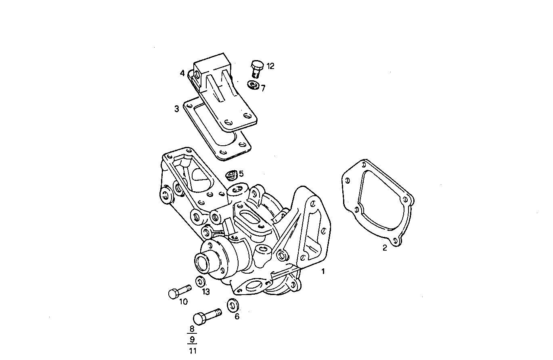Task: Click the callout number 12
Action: pos(270,66)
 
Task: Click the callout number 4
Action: pos(182,73)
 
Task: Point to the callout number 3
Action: pos(177,109)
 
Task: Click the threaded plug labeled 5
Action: pos(231,176)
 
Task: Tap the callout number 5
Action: pos(241,174)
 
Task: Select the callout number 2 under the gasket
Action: pos(385,248)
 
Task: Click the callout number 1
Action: pos(323,272)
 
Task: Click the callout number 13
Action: pos(206,292)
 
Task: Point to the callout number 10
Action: pos(183,302)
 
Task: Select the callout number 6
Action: pos(237,316)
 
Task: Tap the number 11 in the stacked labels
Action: pos(192,350)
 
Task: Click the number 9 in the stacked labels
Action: pos(192,339)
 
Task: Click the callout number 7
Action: pos(263,88)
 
